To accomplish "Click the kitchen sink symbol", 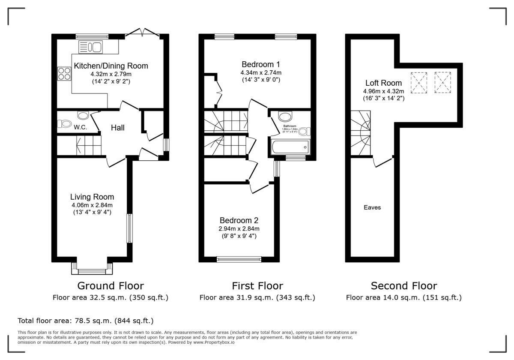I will coord(90,47).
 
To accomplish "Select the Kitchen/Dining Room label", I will coord(111,66).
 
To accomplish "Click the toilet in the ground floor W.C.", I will coord(65,124).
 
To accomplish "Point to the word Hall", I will coord(118,128).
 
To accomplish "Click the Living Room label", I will coord(92,197).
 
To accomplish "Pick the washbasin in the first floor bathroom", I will coord(284,116).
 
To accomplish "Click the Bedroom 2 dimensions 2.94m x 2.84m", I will coord(239,228).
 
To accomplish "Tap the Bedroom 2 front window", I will coord(239,259).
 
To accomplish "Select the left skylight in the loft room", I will coord(419,82).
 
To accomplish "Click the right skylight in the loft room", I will coord(443,82).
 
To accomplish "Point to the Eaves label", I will coord(372,207).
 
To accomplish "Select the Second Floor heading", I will coord(404,286).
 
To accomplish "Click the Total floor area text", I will coord(85,321).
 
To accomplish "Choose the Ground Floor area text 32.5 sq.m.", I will coord(111,297).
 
